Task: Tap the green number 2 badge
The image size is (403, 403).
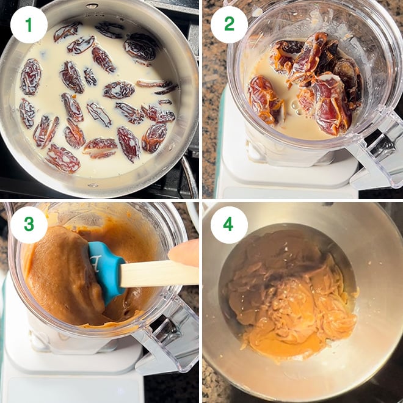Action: (x=229, y=25)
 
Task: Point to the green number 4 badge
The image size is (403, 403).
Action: (x=229, y=225)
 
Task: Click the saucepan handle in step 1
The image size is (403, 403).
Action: (x=189, y=178)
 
